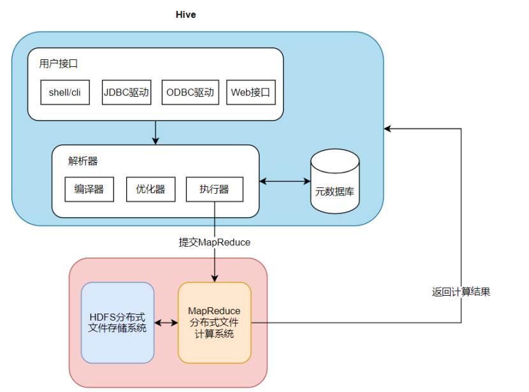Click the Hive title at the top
[186, 15]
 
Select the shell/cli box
[65, 92]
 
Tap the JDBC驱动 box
[126, 92]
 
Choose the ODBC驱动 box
[189, 92]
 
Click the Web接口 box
[250, 92]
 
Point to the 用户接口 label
[58, 64]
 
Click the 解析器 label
[83, 161]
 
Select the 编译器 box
[89, 189]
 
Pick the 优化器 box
[150, 189]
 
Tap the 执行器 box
[214, 189]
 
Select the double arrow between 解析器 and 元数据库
[284, 182]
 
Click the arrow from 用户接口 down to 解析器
[156, 132]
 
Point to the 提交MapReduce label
[214, 242]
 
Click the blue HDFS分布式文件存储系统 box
[118, 323]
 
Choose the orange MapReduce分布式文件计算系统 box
[214, 323]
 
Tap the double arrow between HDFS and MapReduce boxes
[166, 323]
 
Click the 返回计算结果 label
[461, 292]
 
